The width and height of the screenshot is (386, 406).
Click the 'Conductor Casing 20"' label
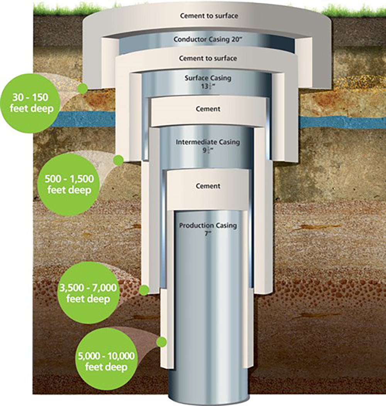(207, 39)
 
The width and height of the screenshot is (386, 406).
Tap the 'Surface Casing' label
(208, 78)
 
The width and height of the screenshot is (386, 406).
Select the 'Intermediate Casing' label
(208, 142)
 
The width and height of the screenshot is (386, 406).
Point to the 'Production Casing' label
(208, 225)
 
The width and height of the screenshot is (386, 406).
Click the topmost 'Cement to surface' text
(209, 16)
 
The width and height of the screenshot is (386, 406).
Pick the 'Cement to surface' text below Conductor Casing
(208, 59)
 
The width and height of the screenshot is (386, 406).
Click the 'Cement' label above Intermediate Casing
(208, 109)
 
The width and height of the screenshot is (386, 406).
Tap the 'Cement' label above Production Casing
(208, 186)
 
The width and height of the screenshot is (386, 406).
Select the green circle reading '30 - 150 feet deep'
(30, 102)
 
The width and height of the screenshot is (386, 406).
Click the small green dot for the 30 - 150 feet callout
(82, 89)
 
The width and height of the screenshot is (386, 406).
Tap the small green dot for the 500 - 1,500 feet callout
(119, 160)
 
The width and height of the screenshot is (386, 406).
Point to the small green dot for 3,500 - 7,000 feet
(144, 290)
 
